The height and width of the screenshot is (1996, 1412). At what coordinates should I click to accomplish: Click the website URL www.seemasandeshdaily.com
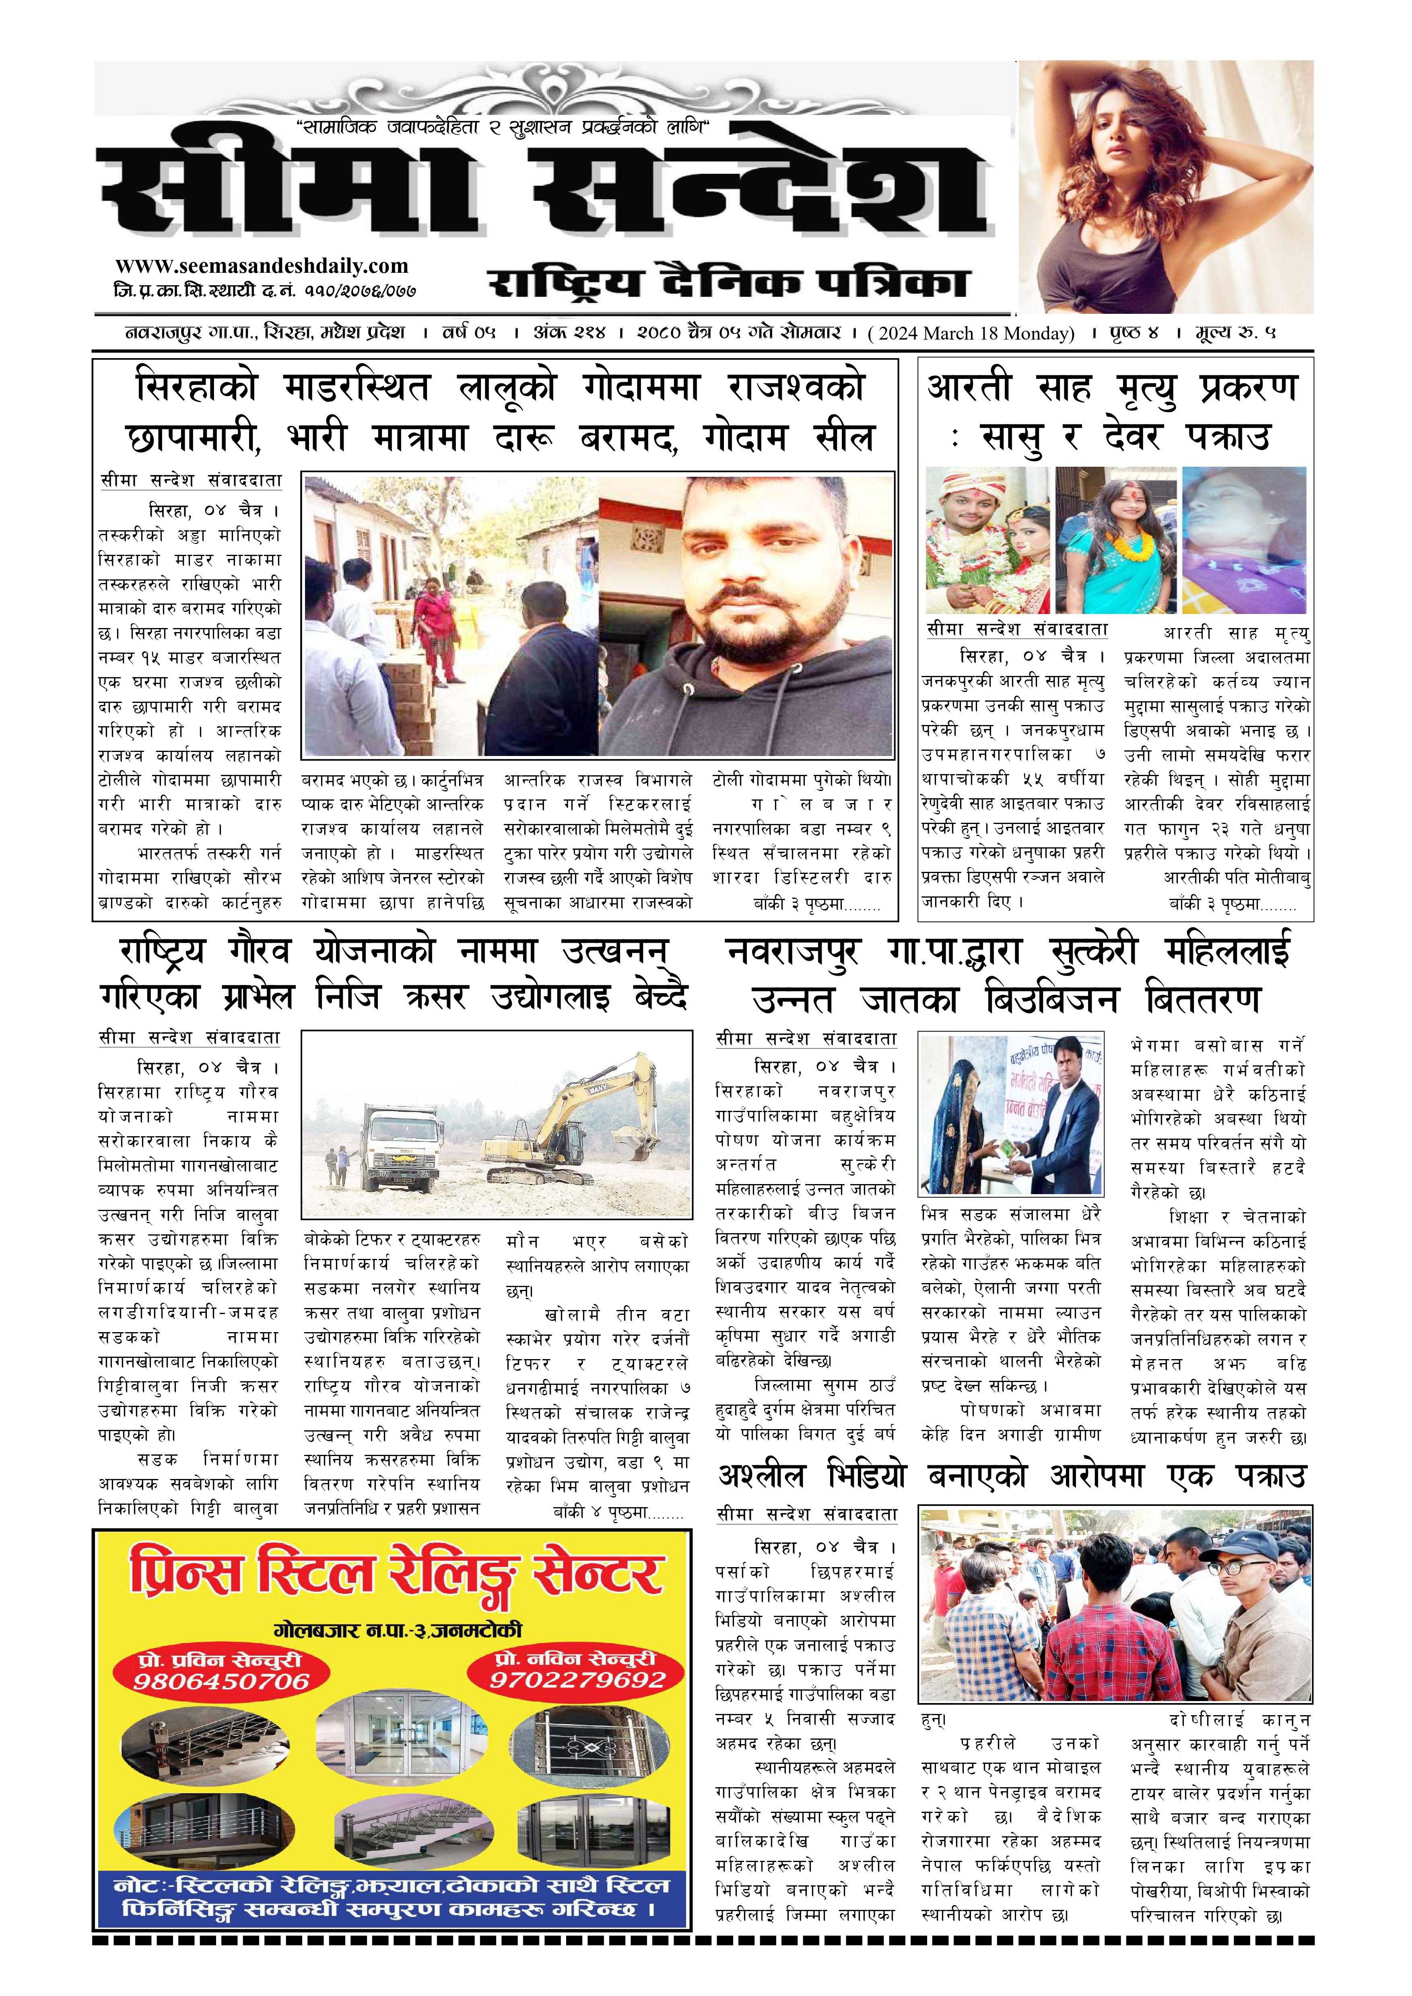point(261,266)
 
